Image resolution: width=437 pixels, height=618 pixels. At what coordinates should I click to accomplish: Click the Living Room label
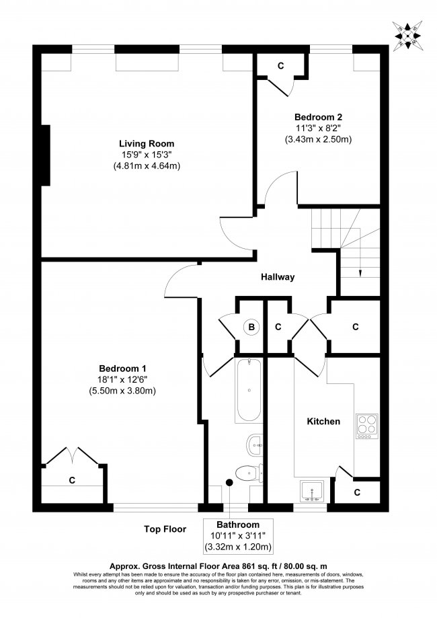click(147, 143)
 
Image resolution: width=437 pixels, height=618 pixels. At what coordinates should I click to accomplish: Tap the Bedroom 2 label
click(318, 116)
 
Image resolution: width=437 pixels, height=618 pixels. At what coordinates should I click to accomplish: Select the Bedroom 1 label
click(123, 368)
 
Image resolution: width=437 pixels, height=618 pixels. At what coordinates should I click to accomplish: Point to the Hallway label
click(278, 277)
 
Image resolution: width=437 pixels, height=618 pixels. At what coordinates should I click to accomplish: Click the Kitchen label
click(323, 422)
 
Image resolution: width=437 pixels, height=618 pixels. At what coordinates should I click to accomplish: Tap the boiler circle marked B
click(251, 327)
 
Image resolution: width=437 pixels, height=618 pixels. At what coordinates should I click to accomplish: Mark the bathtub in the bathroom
click(248, 390)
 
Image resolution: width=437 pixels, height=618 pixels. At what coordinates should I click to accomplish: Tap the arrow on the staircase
click(360, 272)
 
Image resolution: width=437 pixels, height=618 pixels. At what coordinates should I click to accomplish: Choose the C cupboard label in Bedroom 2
click(280, 65)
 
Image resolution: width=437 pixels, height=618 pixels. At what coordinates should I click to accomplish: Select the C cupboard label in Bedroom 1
click(71, 480)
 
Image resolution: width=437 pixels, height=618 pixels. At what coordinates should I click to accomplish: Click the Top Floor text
click(165, 529)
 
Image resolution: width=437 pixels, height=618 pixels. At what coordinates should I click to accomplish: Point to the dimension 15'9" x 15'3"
click(147, 155)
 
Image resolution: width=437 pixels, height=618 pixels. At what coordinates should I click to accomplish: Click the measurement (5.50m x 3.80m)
click(123, 391)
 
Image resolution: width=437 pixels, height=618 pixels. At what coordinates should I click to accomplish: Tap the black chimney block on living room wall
click(46, 155)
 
